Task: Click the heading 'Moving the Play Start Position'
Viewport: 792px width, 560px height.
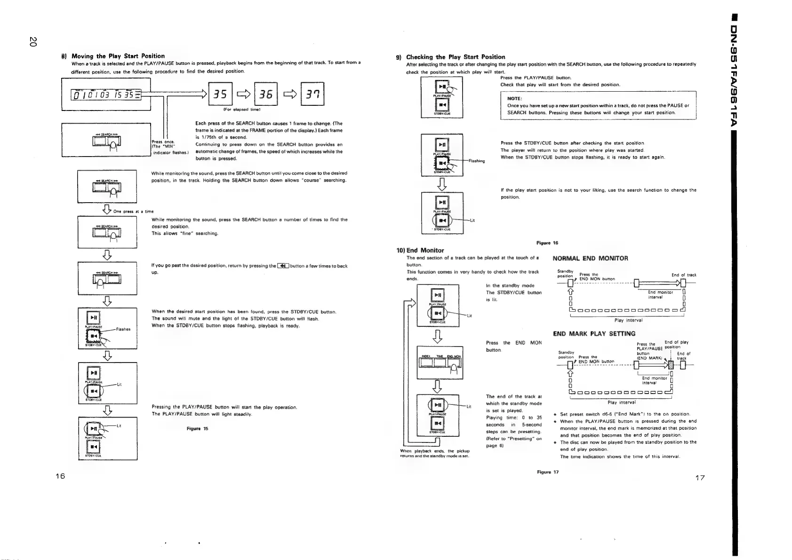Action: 118,56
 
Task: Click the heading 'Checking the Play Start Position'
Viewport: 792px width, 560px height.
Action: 456,57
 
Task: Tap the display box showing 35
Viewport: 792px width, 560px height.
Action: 220,95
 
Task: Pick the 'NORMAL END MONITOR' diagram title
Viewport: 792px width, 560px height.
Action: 590,258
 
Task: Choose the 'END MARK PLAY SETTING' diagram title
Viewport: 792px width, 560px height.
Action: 594,334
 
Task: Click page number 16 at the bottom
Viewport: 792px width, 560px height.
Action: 60,476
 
